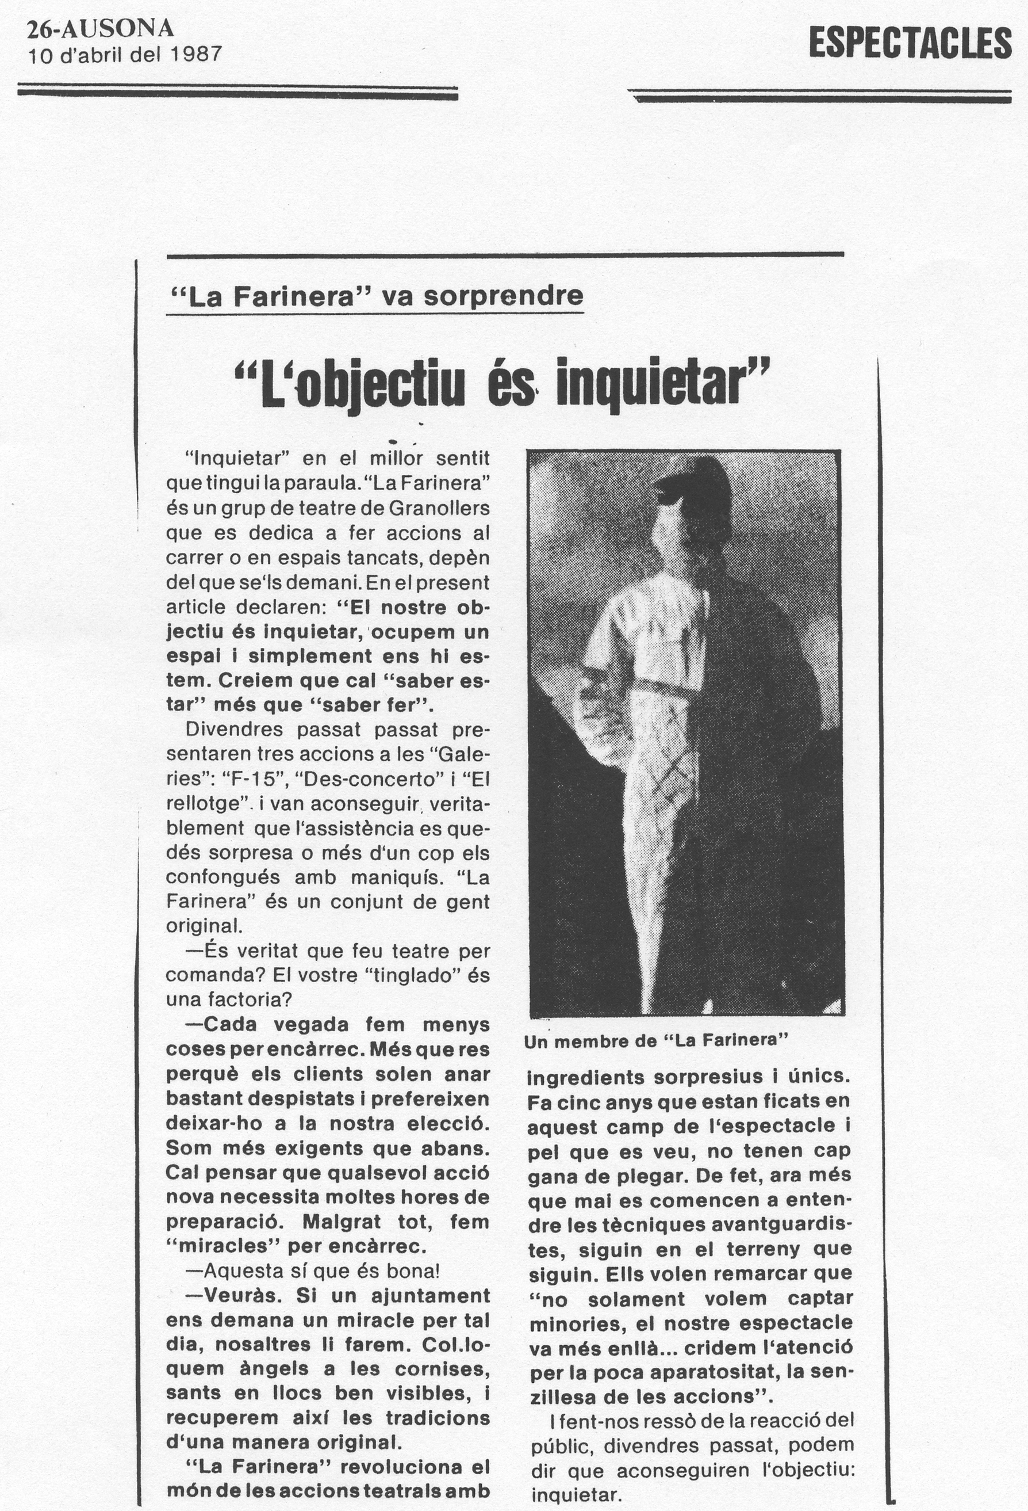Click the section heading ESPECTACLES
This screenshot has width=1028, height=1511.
(910, 44)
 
